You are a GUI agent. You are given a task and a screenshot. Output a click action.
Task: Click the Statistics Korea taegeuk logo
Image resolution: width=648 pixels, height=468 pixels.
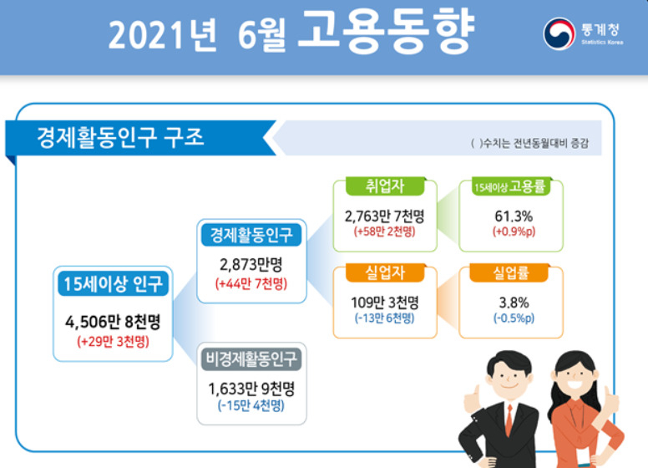[x=559, y=33]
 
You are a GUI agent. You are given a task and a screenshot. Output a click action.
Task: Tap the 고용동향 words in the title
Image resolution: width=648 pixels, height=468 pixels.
[x=386, y=32]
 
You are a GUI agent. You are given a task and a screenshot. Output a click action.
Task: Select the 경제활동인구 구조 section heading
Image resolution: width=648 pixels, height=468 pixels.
[x=120, y=137]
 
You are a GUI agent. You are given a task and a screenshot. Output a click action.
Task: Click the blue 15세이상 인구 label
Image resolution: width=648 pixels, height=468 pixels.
[x=114, y=283]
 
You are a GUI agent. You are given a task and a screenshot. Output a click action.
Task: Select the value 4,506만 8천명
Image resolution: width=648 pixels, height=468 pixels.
[x=113, y=322]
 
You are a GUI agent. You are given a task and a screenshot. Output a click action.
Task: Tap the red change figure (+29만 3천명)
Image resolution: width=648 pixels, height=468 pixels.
[x=113, y=342]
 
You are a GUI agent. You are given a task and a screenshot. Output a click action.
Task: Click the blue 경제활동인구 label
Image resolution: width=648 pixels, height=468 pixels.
[x=251, y=235]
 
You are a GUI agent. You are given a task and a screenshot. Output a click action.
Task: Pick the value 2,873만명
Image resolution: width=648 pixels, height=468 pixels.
[x=251, y=265]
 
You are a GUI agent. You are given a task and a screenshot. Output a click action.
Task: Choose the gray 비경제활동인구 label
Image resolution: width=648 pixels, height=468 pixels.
[x=251, y=359]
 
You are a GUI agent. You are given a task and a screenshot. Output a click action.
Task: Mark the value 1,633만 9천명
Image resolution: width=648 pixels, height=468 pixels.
[x=251, y=389]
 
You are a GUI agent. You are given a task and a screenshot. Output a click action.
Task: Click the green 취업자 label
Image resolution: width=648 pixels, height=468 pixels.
[x=385, y=186]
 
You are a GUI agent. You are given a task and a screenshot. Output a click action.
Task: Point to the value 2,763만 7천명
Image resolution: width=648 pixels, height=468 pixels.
[x=385, y=216]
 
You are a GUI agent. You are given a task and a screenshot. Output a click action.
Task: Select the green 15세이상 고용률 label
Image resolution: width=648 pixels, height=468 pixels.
[x=510, y=187]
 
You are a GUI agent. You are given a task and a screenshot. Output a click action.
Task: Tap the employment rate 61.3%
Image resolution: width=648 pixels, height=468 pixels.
[x=514, y=216]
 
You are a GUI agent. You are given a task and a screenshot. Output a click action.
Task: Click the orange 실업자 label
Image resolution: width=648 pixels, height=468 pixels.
[x=385, y=273]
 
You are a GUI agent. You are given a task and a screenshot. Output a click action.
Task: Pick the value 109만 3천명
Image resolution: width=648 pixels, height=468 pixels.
[x=385, y=303]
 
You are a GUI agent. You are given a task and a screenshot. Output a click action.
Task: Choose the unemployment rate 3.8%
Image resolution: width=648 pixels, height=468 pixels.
[x=514, y=303]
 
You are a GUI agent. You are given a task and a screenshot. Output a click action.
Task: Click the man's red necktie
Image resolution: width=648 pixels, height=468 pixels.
[x=509, y=421]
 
